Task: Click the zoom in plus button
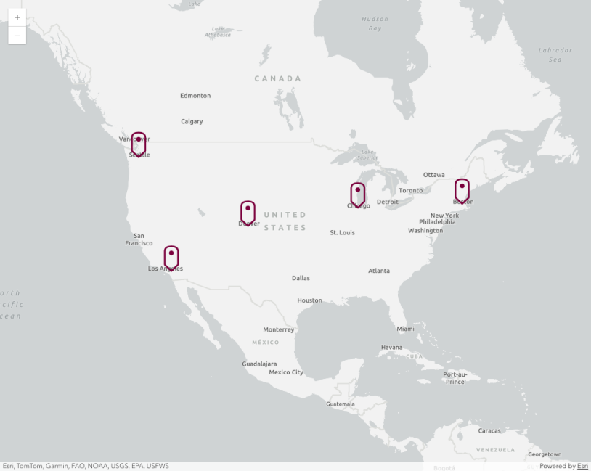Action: [17, 17]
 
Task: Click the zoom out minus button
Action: [17, 35]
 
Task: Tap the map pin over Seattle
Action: [139, 143]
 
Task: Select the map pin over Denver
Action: [248, 212]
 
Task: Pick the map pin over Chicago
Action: [358, 194]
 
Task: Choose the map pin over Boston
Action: [462, 190]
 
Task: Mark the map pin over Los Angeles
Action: [171, 257]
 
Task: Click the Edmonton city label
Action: [195, 96]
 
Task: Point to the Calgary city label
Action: [192, 121]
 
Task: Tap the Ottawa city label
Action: [434, 175]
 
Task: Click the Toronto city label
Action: [410, 191]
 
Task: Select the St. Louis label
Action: [342, 232]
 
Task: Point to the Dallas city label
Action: [301, 278]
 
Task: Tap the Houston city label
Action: [309, 300]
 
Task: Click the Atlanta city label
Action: [379, 271]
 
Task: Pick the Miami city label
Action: [405, 329]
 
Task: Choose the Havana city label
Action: [391, 347]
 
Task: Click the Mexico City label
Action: [286, 372]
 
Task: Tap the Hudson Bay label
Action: [375, 23]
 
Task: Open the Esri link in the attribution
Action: [582, 466]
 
